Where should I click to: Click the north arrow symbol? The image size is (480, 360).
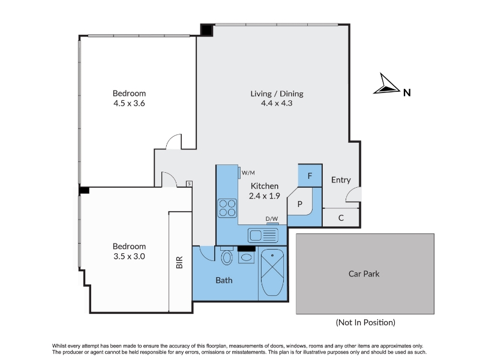click(x=386, y=84)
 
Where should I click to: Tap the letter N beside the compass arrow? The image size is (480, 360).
click(x=407, y=93)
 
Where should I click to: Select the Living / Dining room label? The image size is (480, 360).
click(x=277, y=94)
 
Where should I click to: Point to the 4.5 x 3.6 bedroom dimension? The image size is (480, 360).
click(x=129, y=103)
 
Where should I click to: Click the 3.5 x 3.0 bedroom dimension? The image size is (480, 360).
click(x=129, y=256)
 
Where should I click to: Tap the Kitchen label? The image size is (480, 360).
click(x=265, y=186)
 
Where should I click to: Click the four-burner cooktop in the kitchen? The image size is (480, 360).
click(x=227, y=208)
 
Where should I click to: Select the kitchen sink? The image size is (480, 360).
click(x=263, y=236)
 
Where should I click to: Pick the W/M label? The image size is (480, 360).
click(x=248, y=173)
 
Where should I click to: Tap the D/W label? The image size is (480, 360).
click(x=272, y=218)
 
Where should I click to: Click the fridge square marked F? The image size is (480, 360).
click(x=310, y=176)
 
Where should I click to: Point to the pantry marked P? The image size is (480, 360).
click(x=299, y=203)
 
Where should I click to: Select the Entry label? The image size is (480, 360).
click(x=341, y=180)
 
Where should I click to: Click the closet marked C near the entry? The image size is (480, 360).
click(x=341, y=218)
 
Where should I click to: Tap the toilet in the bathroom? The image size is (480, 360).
click(x=227, y=256)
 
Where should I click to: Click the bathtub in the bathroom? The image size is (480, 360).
click(x=272, y=272)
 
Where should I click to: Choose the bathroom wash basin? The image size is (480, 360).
click(x=247, y=257)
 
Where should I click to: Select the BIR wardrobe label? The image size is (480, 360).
click(x=179, y=262)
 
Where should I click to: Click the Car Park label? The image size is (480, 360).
click(x=364, y=274)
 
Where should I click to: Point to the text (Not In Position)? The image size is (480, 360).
click(x=365, y=322)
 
